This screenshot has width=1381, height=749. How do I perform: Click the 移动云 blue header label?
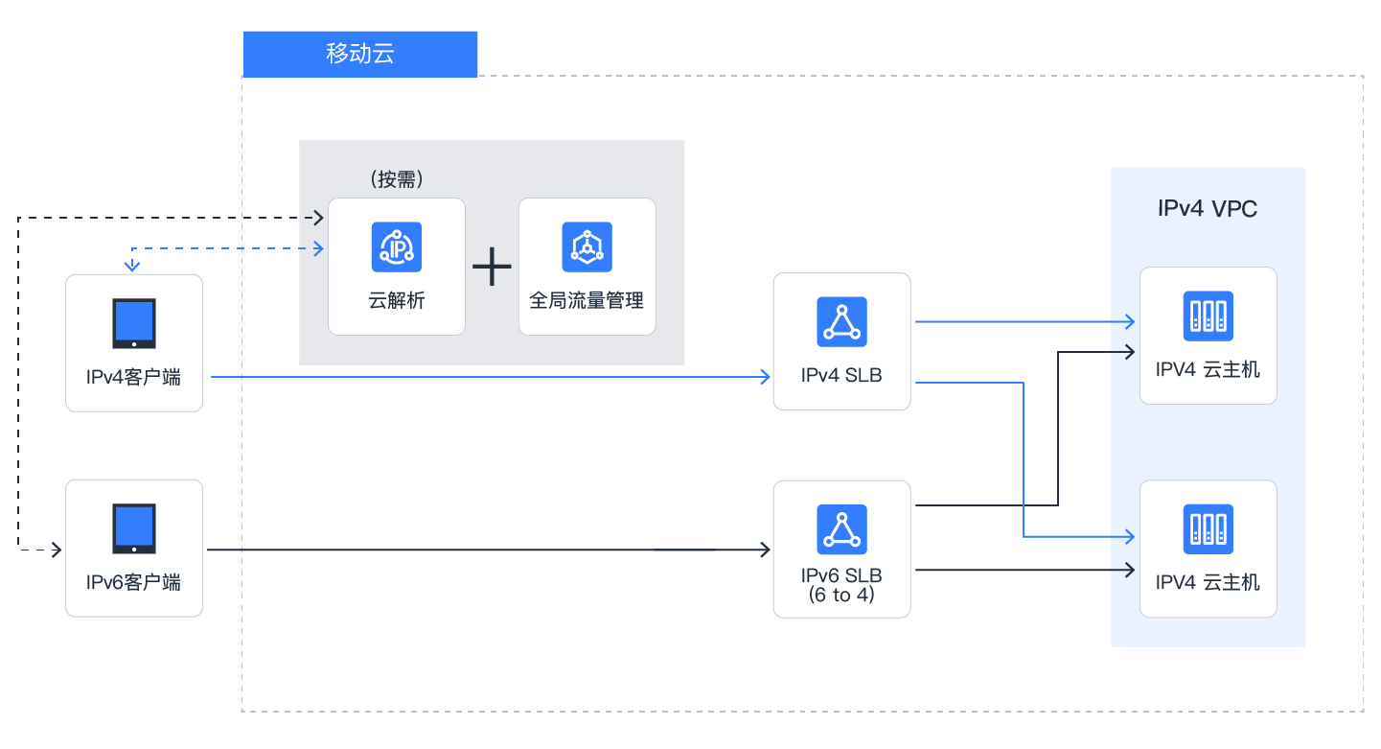pyautogui.click(x=360, y=55)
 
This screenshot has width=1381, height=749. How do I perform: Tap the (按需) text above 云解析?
pyautogui.click(x=397, y=179)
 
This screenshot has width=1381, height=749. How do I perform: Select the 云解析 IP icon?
pyautogui.click(x=397, y=246)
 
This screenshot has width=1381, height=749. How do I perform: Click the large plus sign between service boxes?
pyautogui.click(x=492, y=267)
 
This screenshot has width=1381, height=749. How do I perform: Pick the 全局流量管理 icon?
pyautogui.click(x=587, y=246)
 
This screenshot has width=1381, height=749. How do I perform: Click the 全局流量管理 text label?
pyautogui.click(x=587, y=300)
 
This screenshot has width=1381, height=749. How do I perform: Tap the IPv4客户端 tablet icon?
pyautogui.click(x=134, y=323)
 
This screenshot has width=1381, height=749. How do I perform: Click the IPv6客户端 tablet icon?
pyautogui.click(x=134, y=528)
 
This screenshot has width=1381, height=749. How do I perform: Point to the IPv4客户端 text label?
pyautogui.click(x=133, y=377)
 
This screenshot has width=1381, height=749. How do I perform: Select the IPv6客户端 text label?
pyautogui.click(x=133, y=582)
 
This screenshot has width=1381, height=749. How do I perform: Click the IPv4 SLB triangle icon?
pyautogui.click(x=841, y=322)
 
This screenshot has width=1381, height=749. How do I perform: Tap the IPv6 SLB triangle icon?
pyautogui.click(x=841, y=529)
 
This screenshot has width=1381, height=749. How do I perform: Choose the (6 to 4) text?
pyautogui.click(x=841, y=595)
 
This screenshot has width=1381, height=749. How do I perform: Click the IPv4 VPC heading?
pyautogui.click(x=1208, y=208)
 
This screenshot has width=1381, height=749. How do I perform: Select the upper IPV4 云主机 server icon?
pyautogui.click(x=1208, y=316)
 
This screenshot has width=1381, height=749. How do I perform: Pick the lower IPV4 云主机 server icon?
pyautogui.click(x=1208, y=529)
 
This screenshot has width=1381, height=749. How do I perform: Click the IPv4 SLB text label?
pyautogui.click(x=841, y=375)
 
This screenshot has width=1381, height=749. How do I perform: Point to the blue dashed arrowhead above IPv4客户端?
pyautogui.click(x=132, y=266)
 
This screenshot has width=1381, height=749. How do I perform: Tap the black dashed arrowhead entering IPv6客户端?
pyautogui.click(x=57, y=550)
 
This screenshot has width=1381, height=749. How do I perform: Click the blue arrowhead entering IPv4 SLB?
pyautogui.click(x=765, y=376)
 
